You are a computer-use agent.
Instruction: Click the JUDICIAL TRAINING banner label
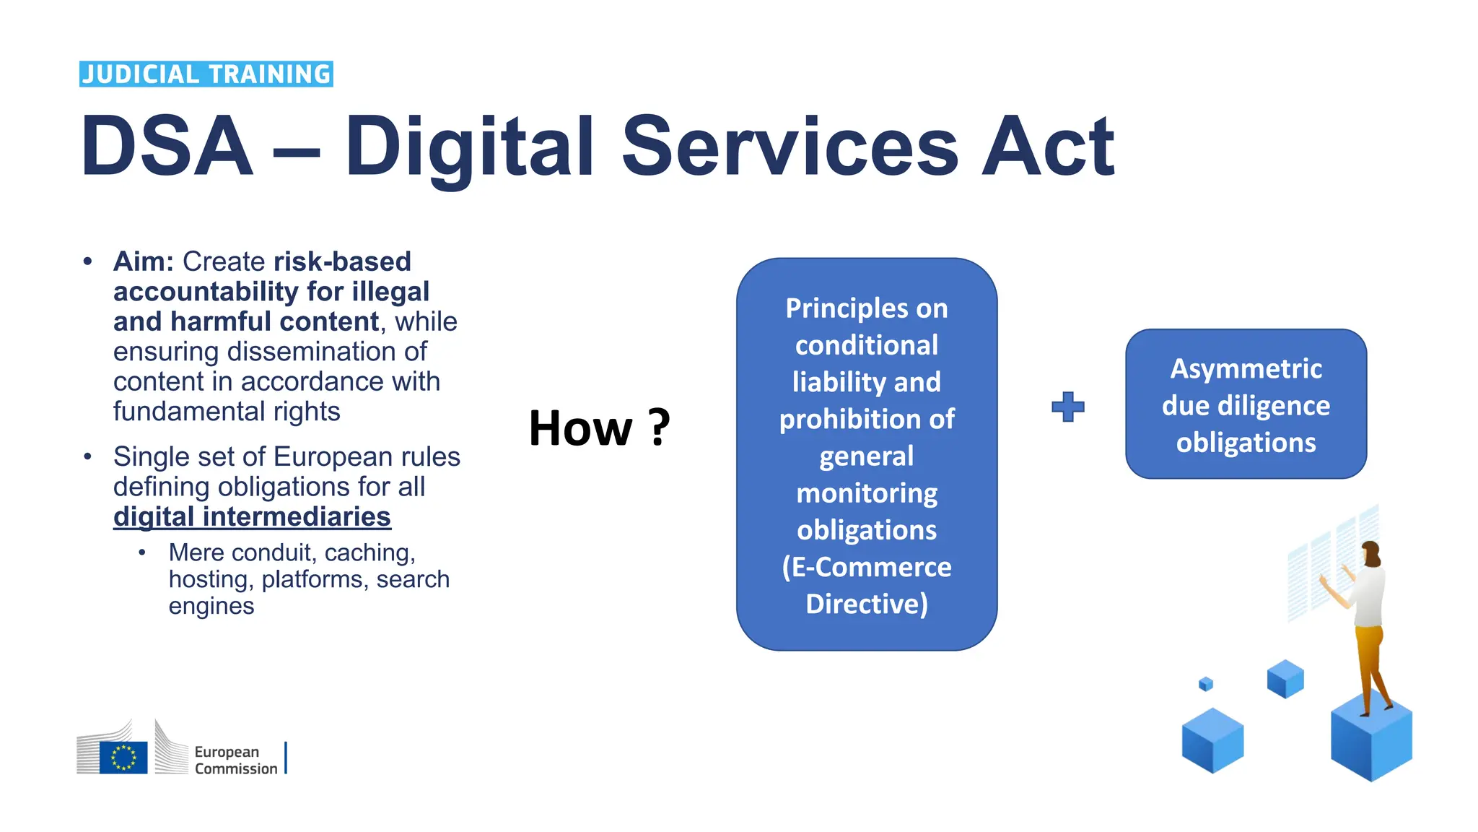[x=206, y=74]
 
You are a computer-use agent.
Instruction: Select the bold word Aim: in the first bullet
[x=144, y=261]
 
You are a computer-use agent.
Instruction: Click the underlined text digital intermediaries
[x=252, y=517]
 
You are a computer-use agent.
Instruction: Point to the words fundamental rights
[x=227, y=412]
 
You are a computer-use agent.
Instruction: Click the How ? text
[x=599, y=428]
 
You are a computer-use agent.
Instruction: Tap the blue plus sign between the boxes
[x=1067, y=407]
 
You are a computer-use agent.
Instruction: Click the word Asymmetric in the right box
[x=1246, y=368]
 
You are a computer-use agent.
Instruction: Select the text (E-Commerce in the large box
[x=866, y=567]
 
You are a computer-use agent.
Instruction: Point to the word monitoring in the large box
[x=866, y=493]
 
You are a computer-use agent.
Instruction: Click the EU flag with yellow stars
[x=123, y=757]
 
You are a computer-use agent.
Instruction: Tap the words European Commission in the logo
[x=235, y=760]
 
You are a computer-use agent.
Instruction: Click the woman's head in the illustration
[x=1370, y=553]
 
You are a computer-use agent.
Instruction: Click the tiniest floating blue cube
[x=1205, y=683]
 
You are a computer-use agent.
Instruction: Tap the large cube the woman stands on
[x=1370, y=744]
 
